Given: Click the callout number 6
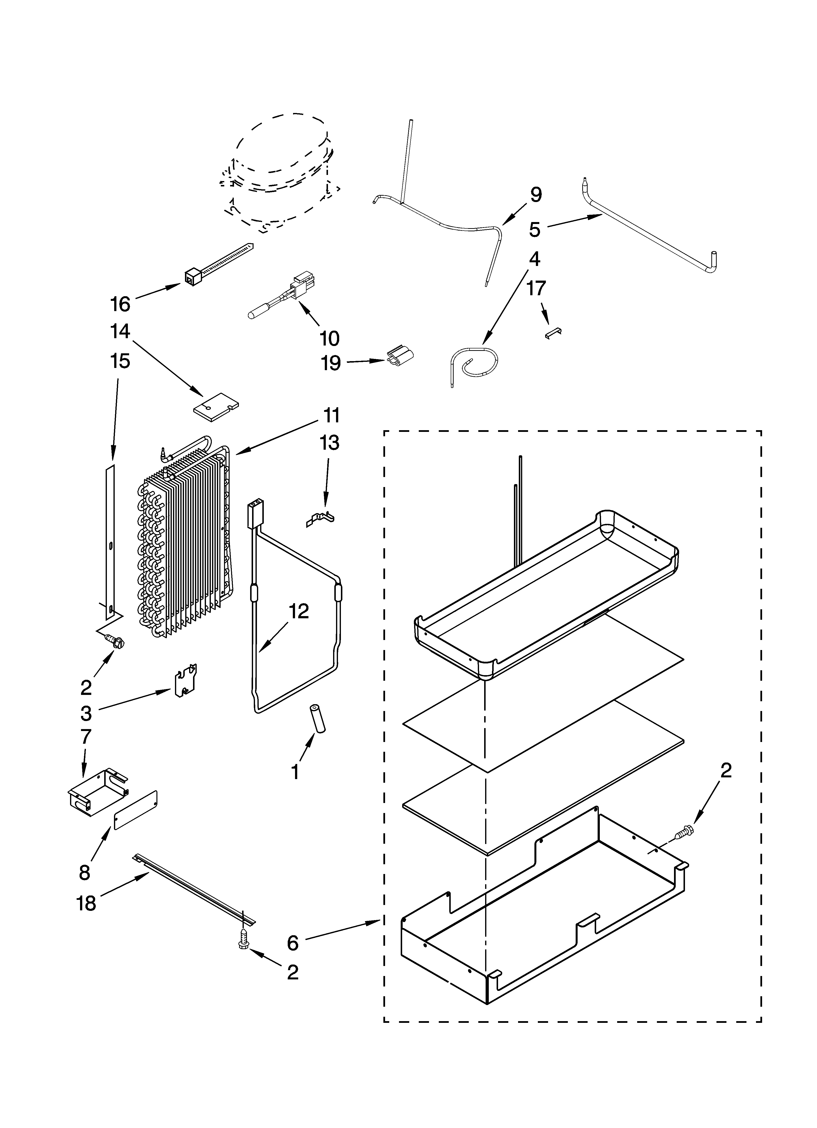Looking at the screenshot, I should [293, 943].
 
